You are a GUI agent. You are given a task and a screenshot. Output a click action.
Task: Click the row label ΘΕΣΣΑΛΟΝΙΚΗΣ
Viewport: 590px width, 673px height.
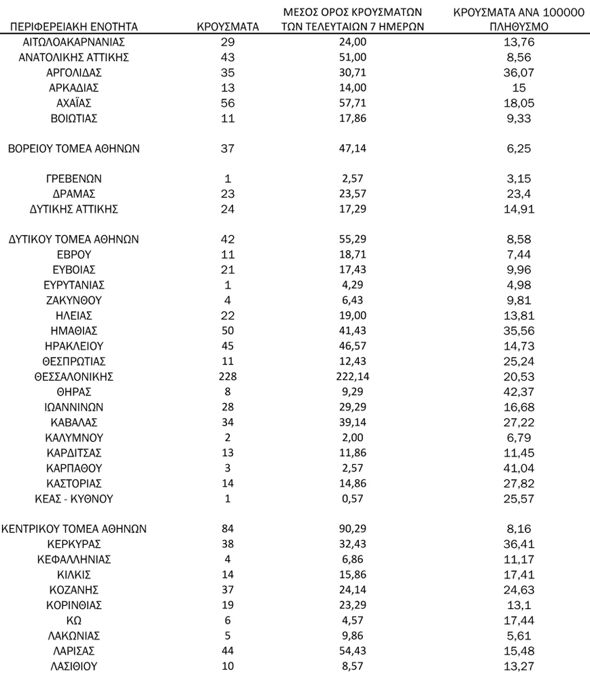coord(74,376)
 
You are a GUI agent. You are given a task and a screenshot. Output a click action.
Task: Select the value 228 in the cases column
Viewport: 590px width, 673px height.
coord(228,376)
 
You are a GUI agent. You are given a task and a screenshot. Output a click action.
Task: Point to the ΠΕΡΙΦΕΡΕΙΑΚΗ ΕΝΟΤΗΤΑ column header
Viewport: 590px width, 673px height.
coord(74,27)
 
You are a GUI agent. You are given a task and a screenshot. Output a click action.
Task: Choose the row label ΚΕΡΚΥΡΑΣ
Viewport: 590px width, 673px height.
coord(74,544)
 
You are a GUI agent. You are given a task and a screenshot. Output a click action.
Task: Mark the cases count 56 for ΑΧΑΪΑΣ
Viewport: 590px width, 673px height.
coord(228,103)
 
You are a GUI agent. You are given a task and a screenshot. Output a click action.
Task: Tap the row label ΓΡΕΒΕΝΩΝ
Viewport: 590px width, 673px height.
coord(74,179)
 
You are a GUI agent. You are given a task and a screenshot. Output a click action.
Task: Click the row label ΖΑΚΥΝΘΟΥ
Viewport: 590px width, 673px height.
coord(74,300)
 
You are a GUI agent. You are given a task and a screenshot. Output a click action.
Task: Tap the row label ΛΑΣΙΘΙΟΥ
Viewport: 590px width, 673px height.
coord(74,666)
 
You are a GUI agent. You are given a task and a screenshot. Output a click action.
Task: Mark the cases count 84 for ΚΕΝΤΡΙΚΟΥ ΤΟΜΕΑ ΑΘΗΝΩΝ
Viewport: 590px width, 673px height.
coord(228,529)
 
